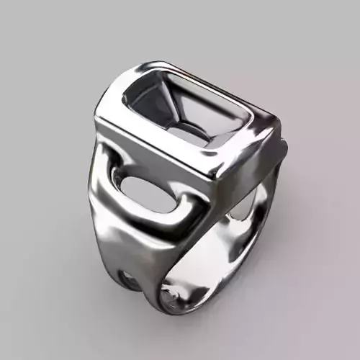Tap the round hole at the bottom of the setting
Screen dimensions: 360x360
[189, 130]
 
